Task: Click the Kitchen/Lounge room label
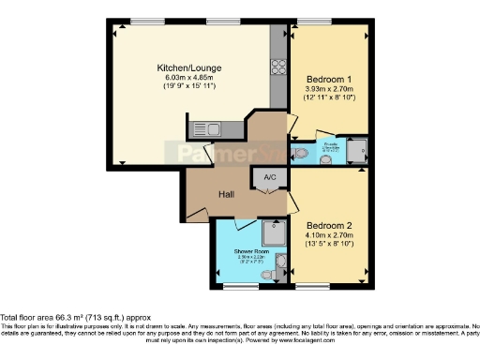tap(189, 67)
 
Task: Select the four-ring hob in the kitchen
tap(278, 67)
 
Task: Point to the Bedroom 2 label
tap(330, 225)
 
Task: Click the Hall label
tap(227, 194)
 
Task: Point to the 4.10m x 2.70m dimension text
tap(330, 236)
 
